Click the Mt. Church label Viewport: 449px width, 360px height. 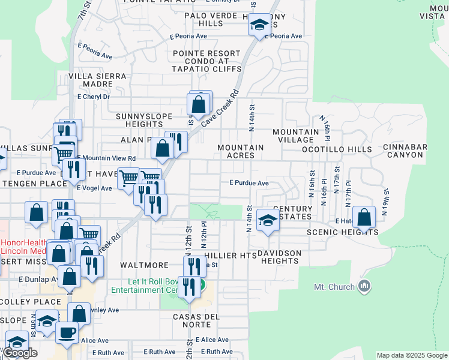pos(334,287)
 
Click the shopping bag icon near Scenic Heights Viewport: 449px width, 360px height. pos(364,217)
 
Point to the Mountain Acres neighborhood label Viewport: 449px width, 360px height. pos(241,151)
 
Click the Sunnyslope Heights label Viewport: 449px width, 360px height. pos(136,120)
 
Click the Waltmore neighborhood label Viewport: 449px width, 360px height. pos(144,265)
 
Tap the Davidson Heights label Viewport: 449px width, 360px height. pos(279,257)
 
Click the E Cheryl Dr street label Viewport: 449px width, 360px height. pos(94,97)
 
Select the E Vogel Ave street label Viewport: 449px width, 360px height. pos(94,188)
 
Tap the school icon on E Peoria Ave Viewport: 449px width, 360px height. pos(259,25)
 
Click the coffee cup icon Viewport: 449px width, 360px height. pos(67,332)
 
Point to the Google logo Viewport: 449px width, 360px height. pos(20,353)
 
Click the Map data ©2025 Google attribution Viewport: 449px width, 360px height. pos(411,355)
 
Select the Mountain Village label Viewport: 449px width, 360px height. pos(295,136)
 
